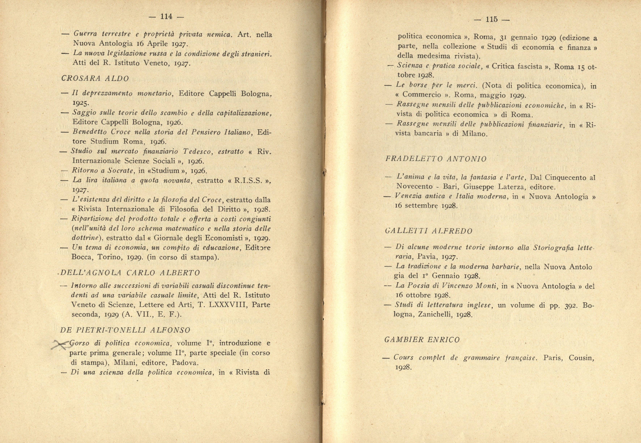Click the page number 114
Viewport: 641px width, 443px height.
[166, 17]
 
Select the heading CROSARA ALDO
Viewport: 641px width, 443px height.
[95, 79]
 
